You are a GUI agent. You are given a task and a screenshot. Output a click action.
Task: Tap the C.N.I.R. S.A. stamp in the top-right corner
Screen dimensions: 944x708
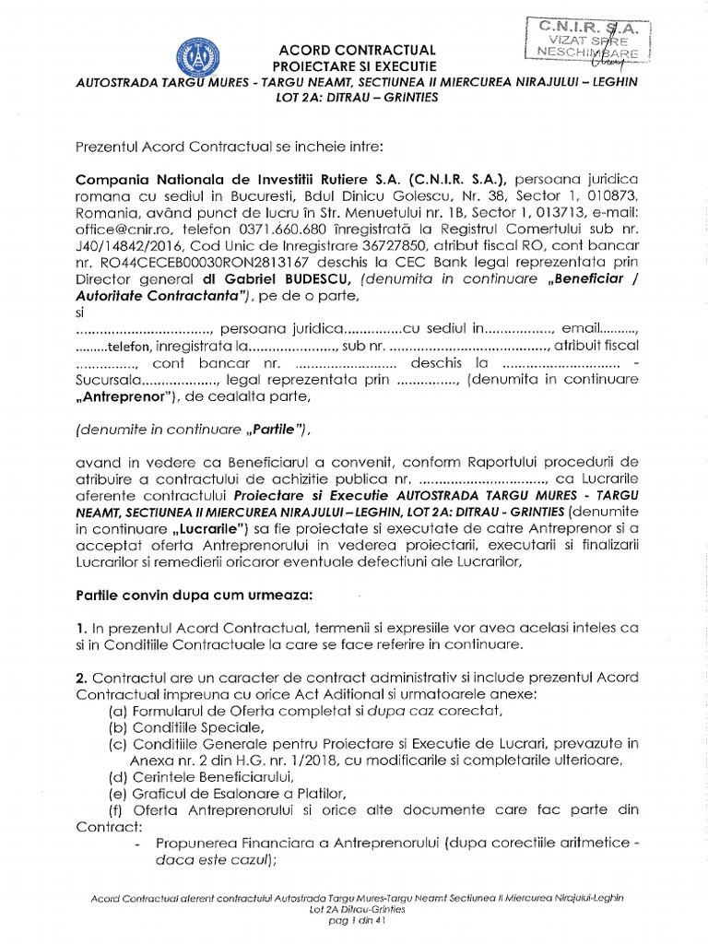tap(584, 40)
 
